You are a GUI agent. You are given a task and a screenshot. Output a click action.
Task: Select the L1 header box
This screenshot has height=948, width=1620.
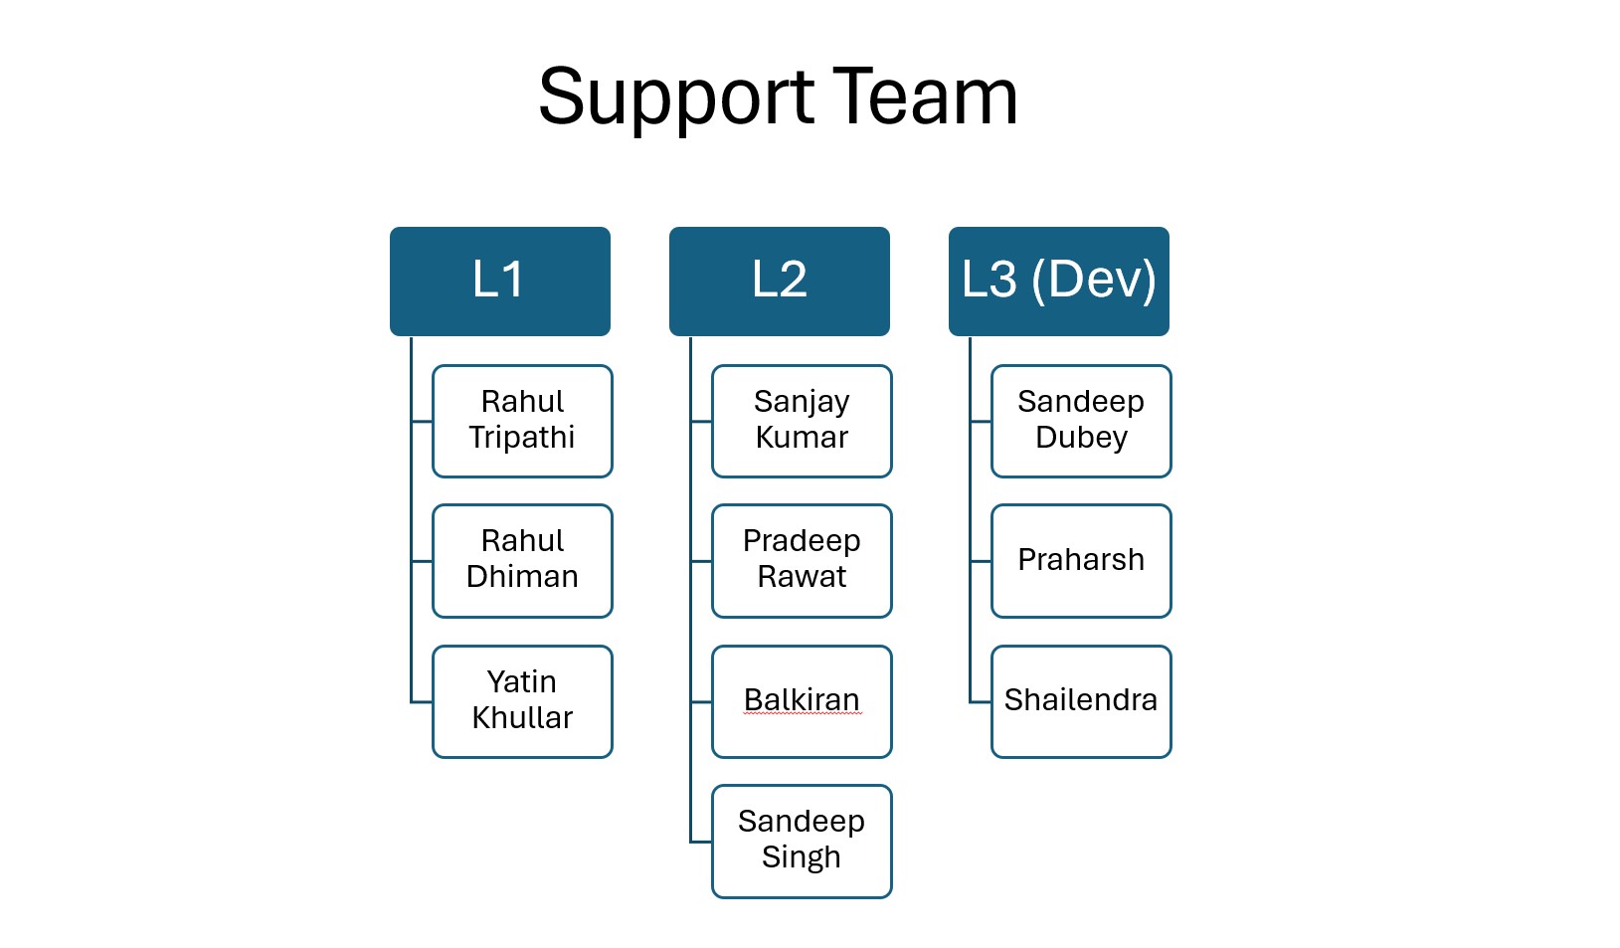(x=499, y=281)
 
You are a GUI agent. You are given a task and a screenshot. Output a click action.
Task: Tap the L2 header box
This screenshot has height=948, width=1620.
(x=779, y=281)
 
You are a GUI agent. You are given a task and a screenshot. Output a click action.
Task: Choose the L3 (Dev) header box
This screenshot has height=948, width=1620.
(x=1058, y=281)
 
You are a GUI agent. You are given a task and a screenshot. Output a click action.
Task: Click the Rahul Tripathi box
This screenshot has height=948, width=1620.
(x=522, y=421)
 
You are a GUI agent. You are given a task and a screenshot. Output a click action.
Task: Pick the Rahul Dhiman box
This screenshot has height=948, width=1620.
(x=522, y=561)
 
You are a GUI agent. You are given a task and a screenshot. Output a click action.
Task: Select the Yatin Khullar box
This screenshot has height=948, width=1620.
(x=522, y=701)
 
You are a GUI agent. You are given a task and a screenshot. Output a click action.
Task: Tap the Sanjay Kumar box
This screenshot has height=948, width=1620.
(x=802, y=421)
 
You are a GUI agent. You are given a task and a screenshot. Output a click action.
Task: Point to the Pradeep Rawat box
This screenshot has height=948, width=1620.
(x=802, y=561)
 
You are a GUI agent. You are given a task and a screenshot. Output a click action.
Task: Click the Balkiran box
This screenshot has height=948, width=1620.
(x=802, y=701)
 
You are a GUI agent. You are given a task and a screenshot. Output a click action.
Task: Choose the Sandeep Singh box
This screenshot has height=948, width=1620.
(x=802, y=841)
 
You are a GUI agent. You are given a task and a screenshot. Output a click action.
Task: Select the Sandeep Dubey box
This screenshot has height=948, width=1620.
(x=1081, y=421)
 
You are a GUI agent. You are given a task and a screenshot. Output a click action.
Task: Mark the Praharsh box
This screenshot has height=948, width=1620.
(x=1081, y=561)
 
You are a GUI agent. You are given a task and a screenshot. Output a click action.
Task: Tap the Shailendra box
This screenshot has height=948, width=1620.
(x=1081, y=701)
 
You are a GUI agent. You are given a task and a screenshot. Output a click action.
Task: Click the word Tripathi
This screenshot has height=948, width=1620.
(x=522, y=438)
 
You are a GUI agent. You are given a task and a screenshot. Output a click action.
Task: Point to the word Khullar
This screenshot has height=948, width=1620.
(x=522, y=718)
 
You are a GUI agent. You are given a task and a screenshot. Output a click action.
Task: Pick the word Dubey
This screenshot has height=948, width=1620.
(x=1081, y=438)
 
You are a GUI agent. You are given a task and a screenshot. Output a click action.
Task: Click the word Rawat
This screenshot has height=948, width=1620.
(x=802, y=577)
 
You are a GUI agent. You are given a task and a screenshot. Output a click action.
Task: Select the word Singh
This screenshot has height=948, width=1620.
(x=802, y=857)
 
